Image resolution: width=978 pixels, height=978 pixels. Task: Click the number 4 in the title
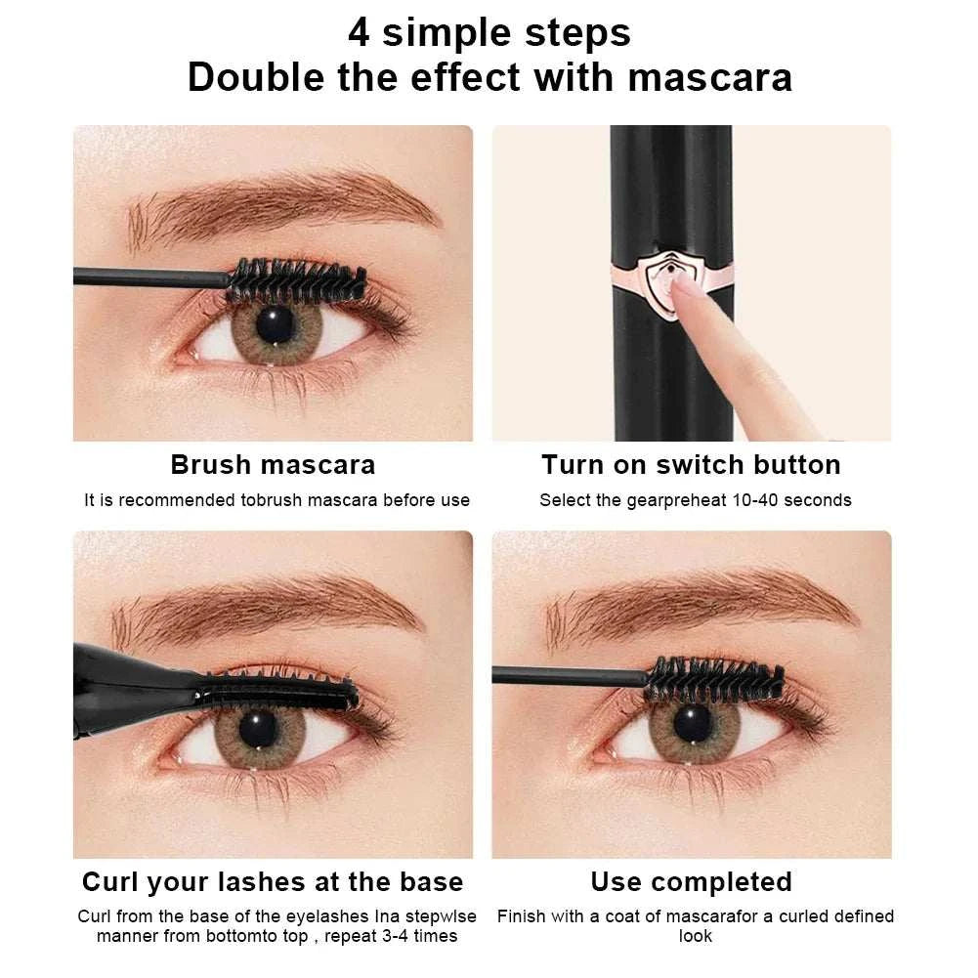360,32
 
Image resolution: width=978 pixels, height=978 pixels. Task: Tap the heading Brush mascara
273,464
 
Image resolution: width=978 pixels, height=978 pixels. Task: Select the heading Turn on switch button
691,464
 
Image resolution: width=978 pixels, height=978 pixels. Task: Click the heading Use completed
691,882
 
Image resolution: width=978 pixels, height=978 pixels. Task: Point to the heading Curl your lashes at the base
273,882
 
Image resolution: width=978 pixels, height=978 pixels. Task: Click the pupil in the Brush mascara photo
275,321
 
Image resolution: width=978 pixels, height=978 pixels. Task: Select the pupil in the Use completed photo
693,724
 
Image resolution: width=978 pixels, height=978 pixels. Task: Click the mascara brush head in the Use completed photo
714,678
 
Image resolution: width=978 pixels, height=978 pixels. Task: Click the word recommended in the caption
177,500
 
